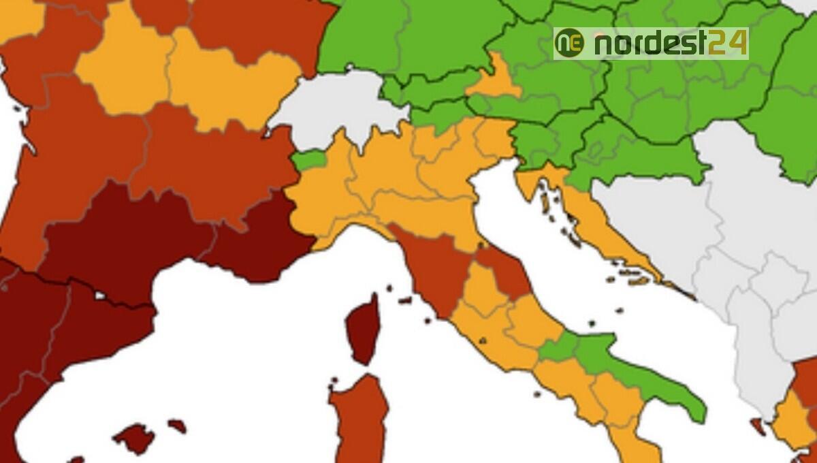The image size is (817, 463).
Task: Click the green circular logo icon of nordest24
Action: click(569, 43)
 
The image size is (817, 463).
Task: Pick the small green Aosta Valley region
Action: click(309, 161)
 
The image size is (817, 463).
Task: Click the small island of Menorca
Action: click(177, 426)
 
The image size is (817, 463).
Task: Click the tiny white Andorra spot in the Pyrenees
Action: click(101, 296)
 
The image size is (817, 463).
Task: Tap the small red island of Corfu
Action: click(758, 426)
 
